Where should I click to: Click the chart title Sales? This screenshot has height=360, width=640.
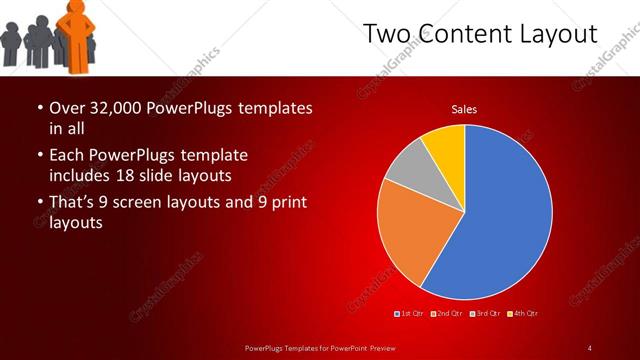click(464, 108)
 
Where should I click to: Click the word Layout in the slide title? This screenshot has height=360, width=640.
click(558, 34)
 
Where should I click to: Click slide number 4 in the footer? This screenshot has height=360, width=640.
click(590, 347)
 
